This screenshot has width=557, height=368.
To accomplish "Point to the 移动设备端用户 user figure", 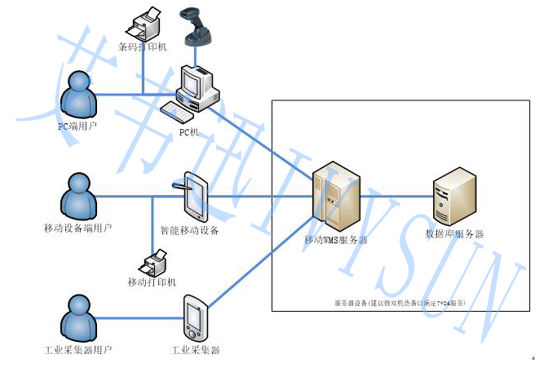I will [x=79, y=197].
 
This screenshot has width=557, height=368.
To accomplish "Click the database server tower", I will [x=454, y=196].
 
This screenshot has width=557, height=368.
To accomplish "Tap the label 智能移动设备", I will [x=189, y=231].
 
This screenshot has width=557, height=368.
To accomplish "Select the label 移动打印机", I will [x=152, y=282].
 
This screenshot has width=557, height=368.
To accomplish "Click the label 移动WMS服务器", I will [x=335, y=241].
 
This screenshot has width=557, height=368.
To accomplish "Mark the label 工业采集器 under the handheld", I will [x=196, y=350].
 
